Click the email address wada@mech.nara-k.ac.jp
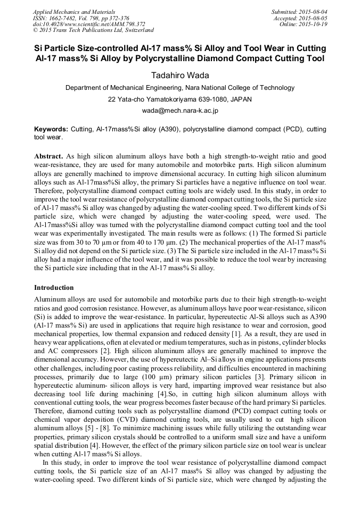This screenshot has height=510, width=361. point(179,111)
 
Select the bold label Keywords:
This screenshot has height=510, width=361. point(51,129)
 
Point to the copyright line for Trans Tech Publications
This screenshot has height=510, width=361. point(93,30)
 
